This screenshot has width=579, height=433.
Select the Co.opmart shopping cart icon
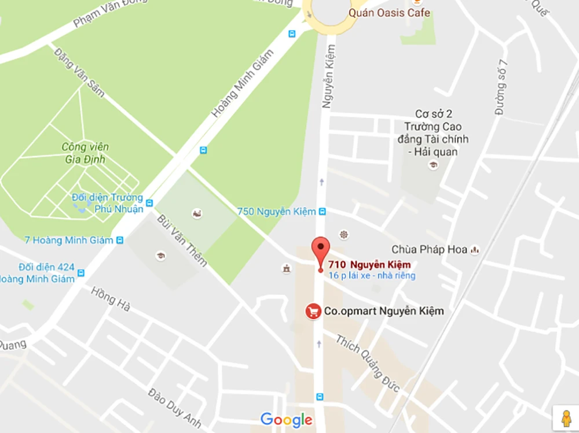313,312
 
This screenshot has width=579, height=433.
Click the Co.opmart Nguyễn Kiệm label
383,311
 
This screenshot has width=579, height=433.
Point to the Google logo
287,420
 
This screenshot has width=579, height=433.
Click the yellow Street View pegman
565,417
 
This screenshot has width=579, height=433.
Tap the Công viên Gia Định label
85,153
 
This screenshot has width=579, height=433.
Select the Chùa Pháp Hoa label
429,250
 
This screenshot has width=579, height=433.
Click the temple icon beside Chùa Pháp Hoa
475,250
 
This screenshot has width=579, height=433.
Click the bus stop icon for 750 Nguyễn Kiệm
322,212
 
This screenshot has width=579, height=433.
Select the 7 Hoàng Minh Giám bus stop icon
120,240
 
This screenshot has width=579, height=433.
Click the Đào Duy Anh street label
174,408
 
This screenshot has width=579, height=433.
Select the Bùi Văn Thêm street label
182,240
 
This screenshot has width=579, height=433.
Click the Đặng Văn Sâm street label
79,72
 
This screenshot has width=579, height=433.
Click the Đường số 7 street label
501,87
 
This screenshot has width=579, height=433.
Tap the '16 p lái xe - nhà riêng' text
372,276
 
